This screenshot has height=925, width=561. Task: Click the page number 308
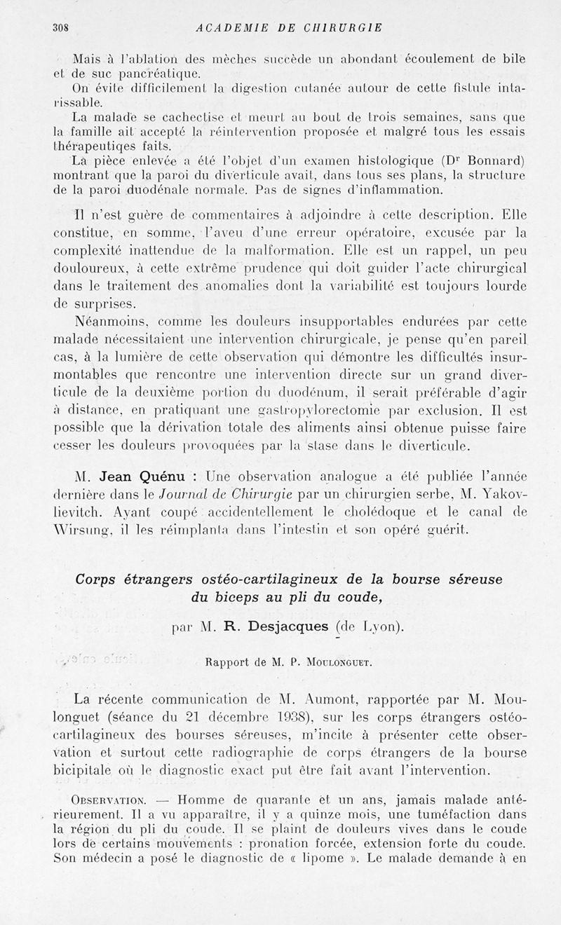click(x=64, y=28)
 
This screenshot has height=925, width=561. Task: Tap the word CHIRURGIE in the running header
click(x=346, y=28)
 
